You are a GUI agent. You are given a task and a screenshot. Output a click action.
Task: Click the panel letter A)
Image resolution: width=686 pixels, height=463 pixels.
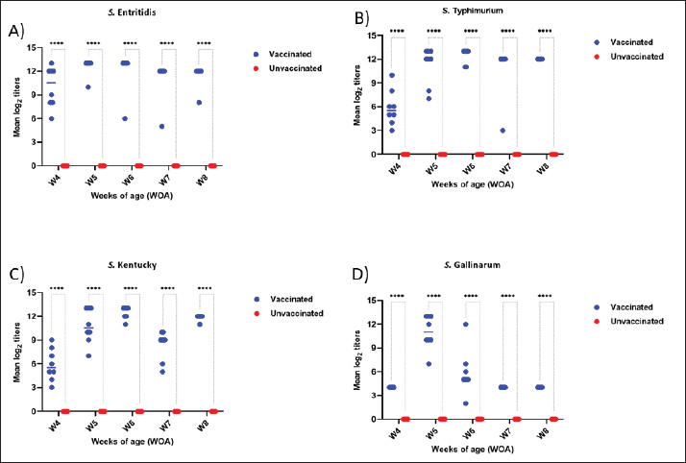(16, 33)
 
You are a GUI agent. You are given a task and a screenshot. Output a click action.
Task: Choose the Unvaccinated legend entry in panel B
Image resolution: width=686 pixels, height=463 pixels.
(636, 56)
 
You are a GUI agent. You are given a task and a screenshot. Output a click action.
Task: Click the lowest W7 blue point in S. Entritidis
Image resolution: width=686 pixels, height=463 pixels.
(161, 126)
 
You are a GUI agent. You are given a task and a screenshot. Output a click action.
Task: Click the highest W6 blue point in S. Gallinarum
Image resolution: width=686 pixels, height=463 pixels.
(466, 324)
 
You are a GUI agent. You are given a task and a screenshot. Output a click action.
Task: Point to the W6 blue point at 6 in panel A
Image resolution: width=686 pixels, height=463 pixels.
(125, 118)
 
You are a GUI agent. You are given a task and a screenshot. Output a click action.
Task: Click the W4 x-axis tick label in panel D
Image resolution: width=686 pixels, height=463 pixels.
(394, 433)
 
